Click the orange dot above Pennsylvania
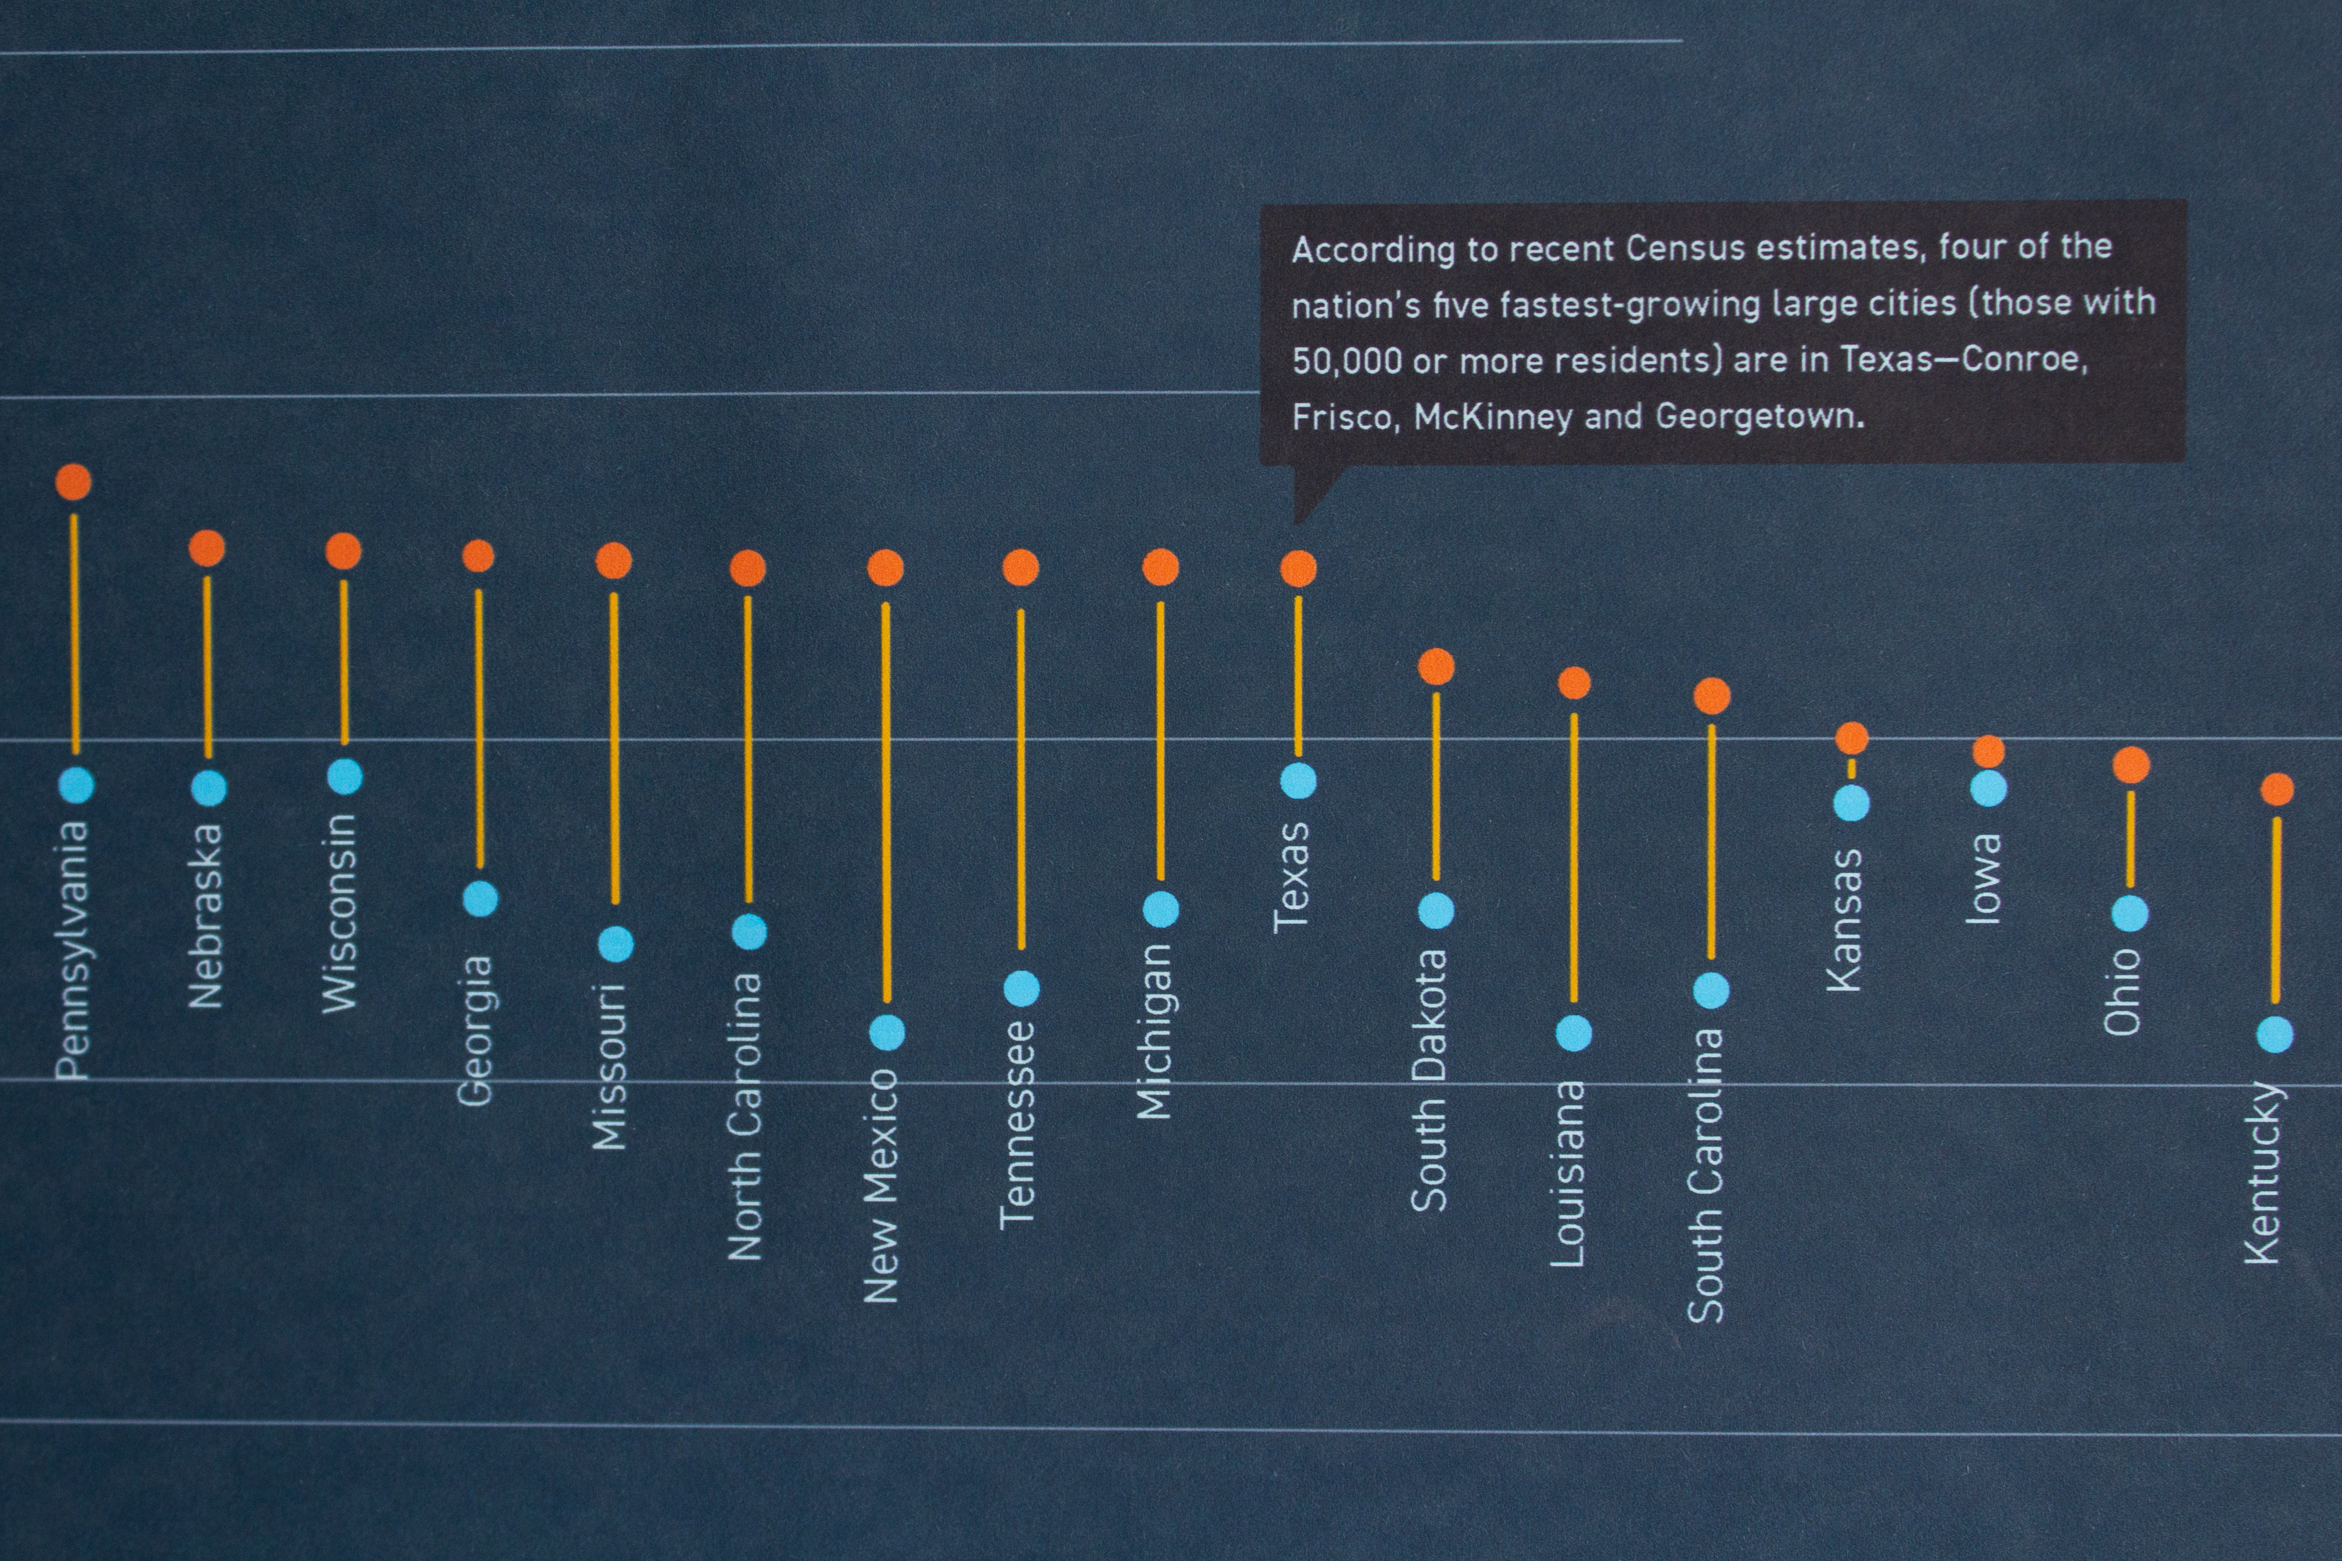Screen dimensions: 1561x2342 point(74,482)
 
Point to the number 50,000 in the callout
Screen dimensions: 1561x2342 point(1346,360)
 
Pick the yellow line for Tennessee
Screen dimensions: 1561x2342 point(1021,779)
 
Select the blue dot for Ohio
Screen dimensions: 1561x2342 point(2130,913)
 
